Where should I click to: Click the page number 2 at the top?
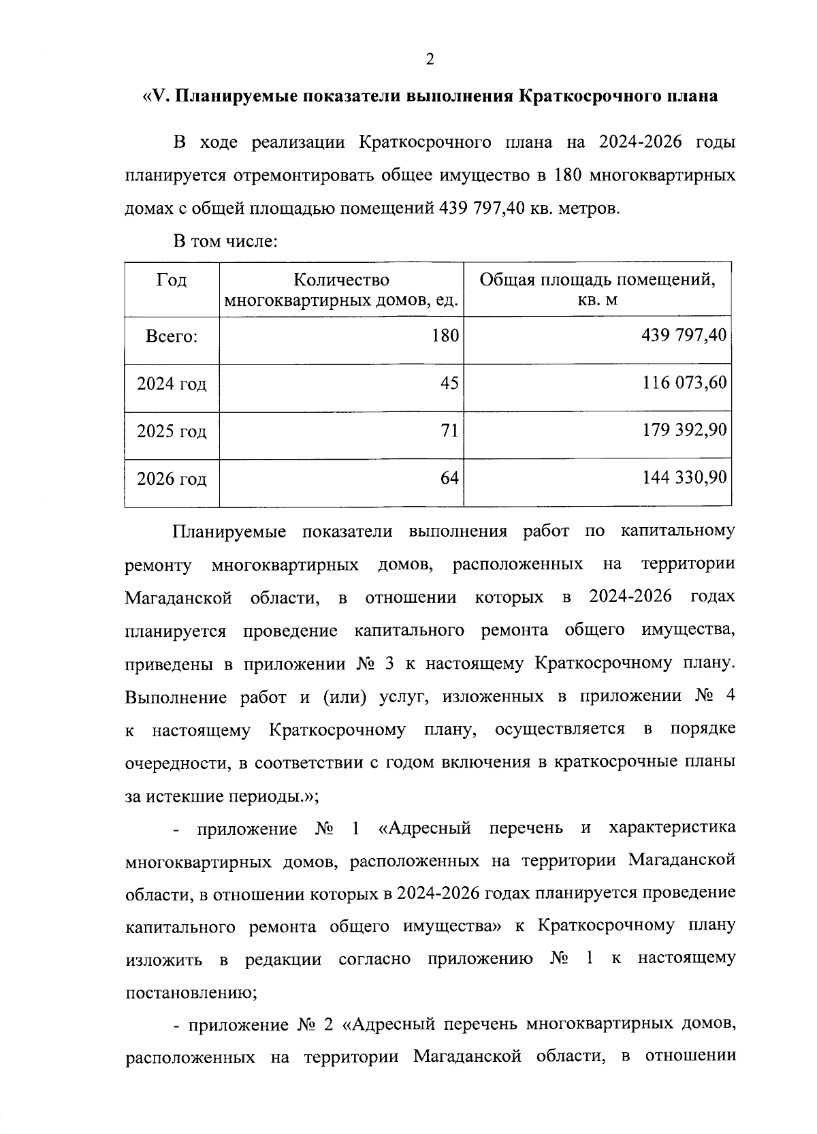(430, 60)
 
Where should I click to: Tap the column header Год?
(172, 281)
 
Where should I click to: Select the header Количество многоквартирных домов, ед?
(341, 290)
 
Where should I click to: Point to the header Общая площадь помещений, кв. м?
(597, 290)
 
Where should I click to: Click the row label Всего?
(172, 336)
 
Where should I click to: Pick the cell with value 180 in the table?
(446, 335)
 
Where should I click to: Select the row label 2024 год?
(172, 384)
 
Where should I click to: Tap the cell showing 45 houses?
(449, 383)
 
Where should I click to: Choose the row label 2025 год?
(172, 432)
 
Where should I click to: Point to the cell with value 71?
(449, 430)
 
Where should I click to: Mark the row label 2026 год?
(172, 479)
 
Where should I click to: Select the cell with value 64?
(449, 478)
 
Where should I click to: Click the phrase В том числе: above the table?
(225, 241)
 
